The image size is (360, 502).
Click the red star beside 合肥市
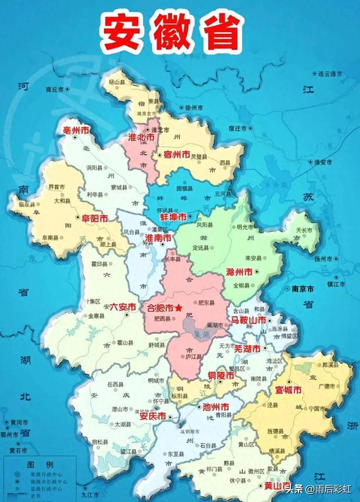pos(179,308)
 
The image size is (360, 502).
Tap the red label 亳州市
pos(75,130)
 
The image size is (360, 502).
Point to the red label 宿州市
pos(175,153)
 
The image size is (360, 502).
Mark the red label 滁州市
pos(238,271)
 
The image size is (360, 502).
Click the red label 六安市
pos(122,307)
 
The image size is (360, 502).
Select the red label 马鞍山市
pos(247,319)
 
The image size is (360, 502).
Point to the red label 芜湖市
pos(247,349)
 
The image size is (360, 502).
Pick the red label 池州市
pos(215,406)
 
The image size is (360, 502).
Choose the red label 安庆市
pos(152,417)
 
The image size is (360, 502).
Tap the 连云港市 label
pos(330,74)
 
